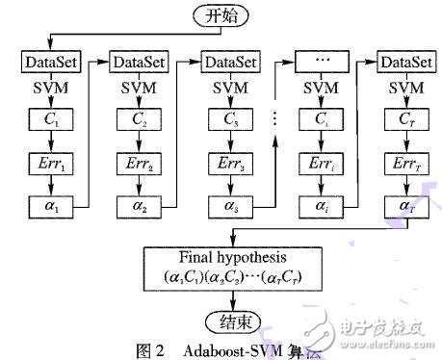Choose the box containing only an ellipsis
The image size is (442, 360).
[x=318, y=62]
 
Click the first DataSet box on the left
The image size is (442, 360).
[x=48, y=62]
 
